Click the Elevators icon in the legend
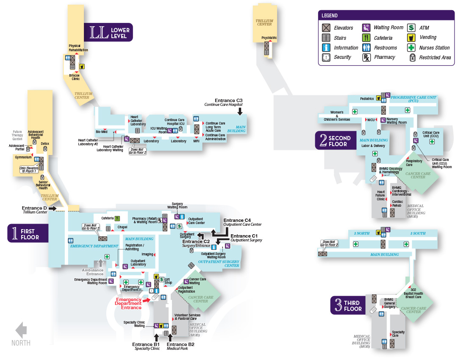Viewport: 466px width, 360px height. (326, 28)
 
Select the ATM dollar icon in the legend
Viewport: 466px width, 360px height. (411, 28)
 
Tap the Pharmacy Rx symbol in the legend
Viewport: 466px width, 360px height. (366, 57)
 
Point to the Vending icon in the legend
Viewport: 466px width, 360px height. (411, 38)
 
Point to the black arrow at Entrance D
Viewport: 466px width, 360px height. (53, 208)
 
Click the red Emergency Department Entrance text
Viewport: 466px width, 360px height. (128, 303)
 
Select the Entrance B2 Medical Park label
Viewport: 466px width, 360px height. (180, 346)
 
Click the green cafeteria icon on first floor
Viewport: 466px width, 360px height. (116, 219)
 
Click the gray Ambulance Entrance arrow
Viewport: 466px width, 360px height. (100, 263)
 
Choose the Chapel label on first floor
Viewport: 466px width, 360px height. (122, 227)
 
